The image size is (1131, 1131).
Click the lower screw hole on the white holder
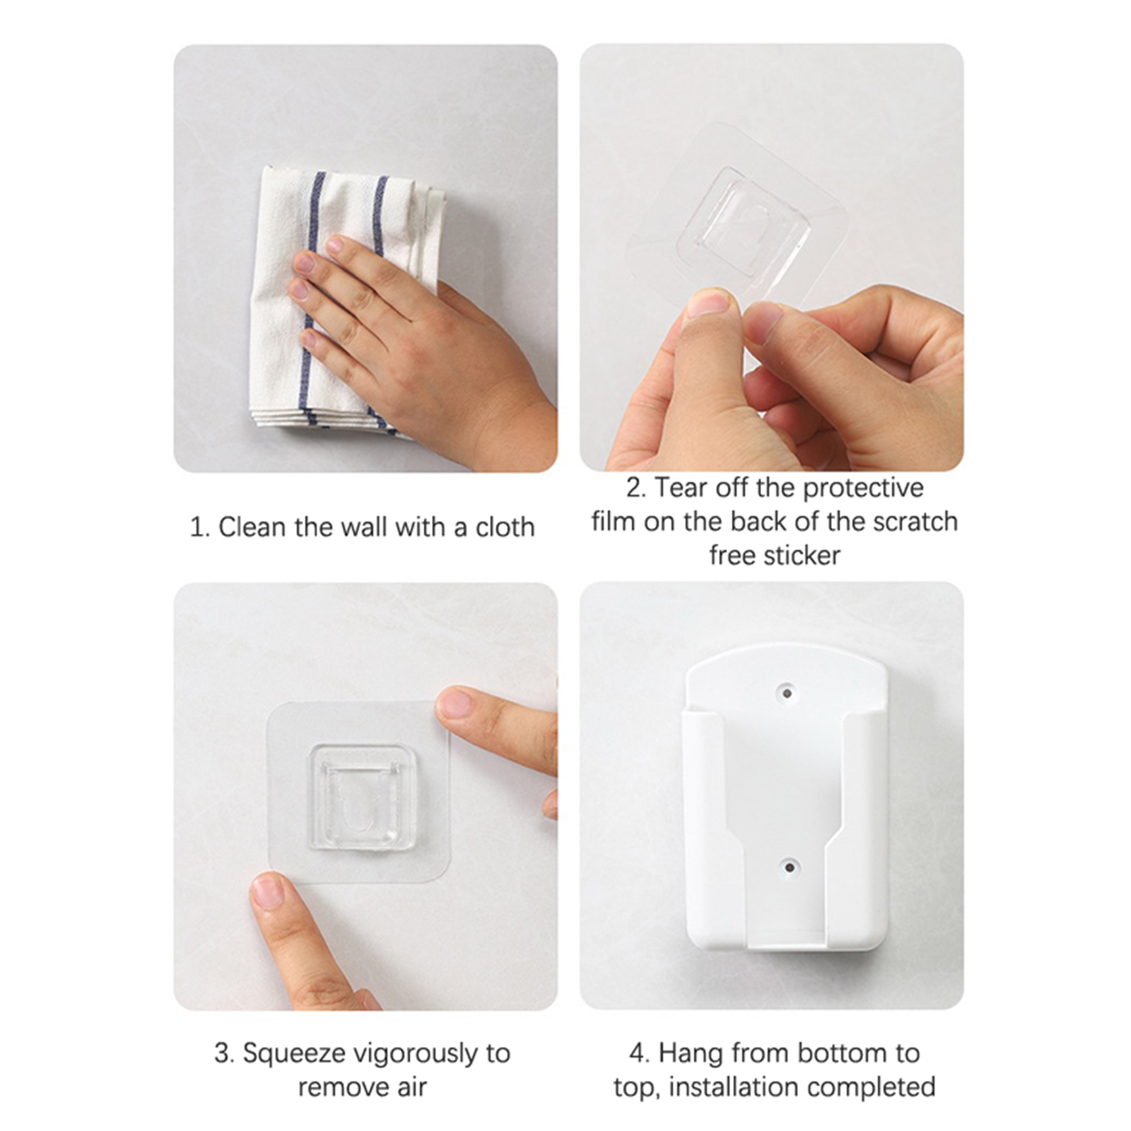tap(790, 866)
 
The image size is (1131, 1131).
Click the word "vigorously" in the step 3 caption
tap(415, 1055)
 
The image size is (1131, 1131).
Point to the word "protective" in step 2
tap(863, 488)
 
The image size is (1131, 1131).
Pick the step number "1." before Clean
tap(200, 528)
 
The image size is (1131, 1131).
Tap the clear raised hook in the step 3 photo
tap(362, 797)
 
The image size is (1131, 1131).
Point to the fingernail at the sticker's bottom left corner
tap(267, 891)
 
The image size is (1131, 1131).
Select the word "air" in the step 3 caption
tap(410, 1088)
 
